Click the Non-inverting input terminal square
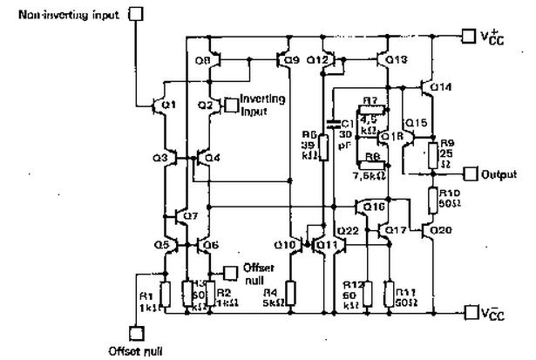pos(135,13)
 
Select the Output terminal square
pos(471,173)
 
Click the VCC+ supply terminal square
pos(468,37)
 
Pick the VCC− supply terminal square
pos(471,312)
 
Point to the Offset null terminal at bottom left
pos(136,334)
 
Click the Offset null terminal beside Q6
pos(228,271)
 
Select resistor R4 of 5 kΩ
pos(292,294)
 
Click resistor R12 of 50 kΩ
pos(366,294)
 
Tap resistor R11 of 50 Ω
pos(390,294)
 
